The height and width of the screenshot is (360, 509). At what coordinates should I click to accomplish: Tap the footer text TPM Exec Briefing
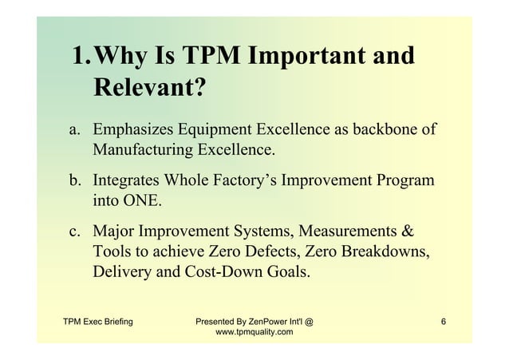coord(98,322)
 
